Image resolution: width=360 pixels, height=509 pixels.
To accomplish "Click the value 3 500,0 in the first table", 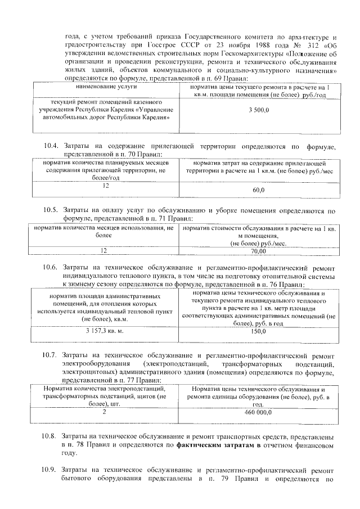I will point(258,112).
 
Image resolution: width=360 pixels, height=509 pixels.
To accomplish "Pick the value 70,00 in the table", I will point(258,251).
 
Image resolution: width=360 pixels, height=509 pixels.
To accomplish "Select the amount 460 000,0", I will point(258,412).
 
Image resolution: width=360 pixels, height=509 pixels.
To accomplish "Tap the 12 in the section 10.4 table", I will point(105,185).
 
